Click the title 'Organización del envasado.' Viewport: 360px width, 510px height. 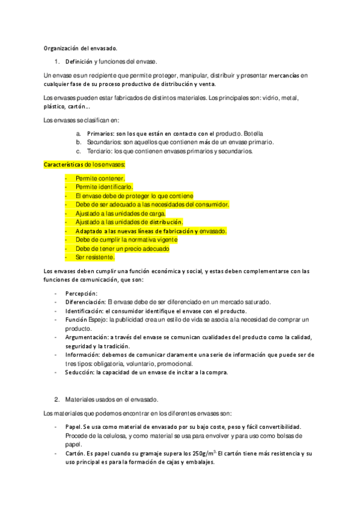81,48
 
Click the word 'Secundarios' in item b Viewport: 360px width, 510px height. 96,143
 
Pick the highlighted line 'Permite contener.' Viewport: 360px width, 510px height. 100,178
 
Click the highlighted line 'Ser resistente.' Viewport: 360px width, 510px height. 95,257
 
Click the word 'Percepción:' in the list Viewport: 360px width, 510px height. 81,293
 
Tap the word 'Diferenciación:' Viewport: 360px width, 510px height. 86,302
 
